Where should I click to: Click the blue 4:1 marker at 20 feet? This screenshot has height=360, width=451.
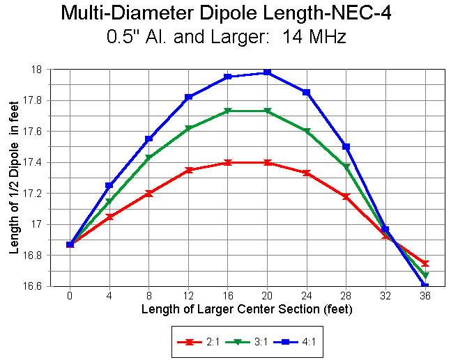pyautogui.click(x=268, y=72)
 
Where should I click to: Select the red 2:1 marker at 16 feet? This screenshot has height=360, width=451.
pyautogui.click(x=228, y=162)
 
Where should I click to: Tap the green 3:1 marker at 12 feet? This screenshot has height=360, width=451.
pyautogui.click(x=189, y=128)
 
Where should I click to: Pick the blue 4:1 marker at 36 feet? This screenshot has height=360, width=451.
pyautogui.click(x=425, y=285)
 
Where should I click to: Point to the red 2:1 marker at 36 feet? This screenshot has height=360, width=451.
pyautogui.click(x=425, y=263)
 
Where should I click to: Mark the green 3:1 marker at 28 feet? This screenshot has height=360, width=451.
pyautogui.click(x=346, y=167)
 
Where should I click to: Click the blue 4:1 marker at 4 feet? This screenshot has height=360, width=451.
pyautogui.click(x=109, y=186)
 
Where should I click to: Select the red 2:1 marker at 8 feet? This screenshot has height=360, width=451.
pyautogui.click(x=148, y=193)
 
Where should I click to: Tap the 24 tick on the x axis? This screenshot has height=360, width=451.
pyautogui.click(x=307, y=295)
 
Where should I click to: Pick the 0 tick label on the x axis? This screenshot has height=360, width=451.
pyautogui.click(x=70, y=295)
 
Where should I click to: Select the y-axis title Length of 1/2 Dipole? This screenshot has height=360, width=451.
pyautogui.click(x=14, y=178)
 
